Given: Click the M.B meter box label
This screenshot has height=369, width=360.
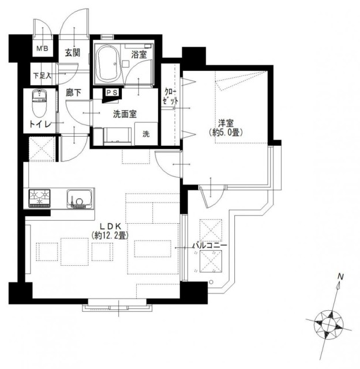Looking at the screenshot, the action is pyautogui.click(x=42, y=48).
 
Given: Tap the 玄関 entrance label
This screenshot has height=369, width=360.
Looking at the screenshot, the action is pyautogui.click(x=73, y=52).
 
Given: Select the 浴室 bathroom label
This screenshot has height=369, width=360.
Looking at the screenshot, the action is pyautogui.click(x=139, y=55).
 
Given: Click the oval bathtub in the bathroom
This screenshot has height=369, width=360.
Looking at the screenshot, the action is pyautogui.click(x=108, y=63).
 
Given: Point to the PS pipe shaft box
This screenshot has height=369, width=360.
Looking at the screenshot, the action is pyautogui.click(x=112, y=93).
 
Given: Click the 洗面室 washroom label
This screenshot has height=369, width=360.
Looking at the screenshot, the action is pyautogui.click(x=125, y=114).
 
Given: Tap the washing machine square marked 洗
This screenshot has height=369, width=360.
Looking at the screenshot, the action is pyautogui.click(x=146, y=133).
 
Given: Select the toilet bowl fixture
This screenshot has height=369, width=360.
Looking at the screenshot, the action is pyautogui.click(x=39, y=103).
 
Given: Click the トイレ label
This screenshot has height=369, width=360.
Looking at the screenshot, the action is pyautogui.click(x=40, y=124).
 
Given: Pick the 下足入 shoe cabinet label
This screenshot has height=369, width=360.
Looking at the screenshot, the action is pyautogui.click(x=42, y=76).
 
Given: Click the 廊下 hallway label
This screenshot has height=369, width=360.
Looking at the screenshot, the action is pyautogui.click(x=73, y=93).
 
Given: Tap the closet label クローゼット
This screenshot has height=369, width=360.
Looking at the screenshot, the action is pyautogui.click(x=170, y=96).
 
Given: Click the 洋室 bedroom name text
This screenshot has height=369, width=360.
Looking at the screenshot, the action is pyautogui.click(x=226, y=123).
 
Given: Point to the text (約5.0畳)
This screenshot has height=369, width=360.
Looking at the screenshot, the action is pyautogui.click(x=226, y=133).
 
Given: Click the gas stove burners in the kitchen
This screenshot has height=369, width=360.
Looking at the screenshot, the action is pyautogui.click(x=39, y=198).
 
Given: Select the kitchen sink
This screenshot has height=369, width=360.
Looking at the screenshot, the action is pyautogui.click(x=79, y=199).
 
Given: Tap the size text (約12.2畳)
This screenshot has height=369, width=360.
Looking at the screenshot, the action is pyautogui.click(x=110, y=235).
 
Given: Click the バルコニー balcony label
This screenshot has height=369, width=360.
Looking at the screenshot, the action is pyautogui.click(x=210, y=246).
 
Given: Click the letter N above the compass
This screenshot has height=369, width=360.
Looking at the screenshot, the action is pyautogui.click(x=341, y=277).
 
